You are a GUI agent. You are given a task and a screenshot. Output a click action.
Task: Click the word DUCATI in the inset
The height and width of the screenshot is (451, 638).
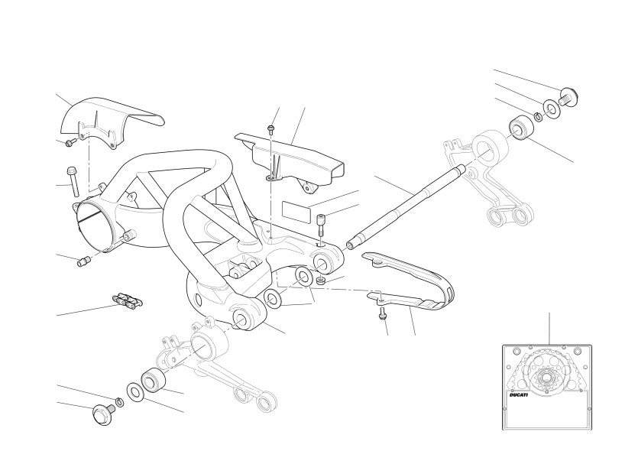click(x=519, y=395)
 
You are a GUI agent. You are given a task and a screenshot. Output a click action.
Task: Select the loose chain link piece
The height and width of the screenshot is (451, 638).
click(x=128, y=300)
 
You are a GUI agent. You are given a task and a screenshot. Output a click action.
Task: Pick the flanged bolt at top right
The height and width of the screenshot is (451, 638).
click(x=568, y=97)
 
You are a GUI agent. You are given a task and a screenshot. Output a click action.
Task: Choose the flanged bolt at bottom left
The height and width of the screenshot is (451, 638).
click(x=102, y=414)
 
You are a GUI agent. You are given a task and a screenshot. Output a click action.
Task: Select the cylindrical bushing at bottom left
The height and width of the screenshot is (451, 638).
click(x=153, y=380)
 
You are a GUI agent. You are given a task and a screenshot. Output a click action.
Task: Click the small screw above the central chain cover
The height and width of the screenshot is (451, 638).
click(x=271, y=129)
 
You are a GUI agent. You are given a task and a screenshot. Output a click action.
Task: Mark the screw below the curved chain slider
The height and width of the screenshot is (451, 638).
click(x=382, y=313)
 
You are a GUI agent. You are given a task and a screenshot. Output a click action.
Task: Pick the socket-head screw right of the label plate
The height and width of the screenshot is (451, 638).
click(x=322, y=225)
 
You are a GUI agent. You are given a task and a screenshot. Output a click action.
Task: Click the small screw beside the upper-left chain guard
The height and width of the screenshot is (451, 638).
click(x=71, y=142)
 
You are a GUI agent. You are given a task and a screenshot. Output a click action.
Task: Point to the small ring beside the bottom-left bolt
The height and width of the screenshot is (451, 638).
click(x=120, y=401)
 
